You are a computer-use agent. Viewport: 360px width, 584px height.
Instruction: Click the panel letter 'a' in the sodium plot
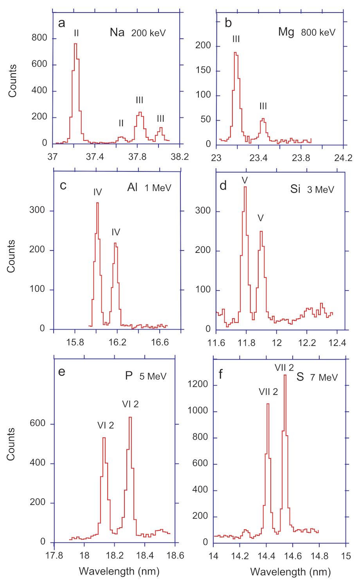coord(61,23)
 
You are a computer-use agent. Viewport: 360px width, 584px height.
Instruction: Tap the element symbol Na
coord(117,32)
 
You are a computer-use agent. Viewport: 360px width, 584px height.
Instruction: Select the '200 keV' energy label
coord(148,33)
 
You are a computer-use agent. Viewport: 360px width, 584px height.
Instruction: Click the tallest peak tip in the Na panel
coord(76,44)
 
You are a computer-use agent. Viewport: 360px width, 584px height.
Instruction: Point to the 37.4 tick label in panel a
coord(95,157)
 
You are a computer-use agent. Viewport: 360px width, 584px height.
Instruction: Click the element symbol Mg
coord(286,32)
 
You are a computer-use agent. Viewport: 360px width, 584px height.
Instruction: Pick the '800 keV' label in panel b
coord(318,32)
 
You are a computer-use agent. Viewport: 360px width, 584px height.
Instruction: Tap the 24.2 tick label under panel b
coord(343,158)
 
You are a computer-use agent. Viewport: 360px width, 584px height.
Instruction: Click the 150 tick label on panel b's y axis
coord(203,70)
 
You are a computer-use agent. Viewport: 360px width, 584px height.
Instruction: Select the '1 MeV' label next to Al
coord(158,188)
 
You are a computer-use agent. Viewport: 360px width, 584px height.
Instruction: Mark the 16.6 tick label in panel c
coord(160,342)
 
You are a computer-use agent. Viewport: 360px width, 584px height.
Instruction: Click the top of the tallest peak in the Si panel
coord(245,187)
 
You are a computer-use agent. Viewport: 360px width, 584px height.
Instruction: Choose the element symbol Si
coord(295,189)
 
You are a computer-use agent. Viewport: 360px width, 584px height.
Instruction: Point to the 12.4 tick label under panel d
coord(337,343)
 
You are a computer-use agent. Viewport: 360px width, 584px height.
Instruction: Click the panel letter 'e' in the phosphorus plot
coord(62,371)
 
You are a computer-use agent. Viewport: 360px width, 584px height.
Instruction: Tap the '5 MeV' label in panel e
coord(153,377)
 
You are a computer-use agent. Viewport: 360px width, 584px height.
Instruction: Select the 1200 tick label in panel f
coord(198,384)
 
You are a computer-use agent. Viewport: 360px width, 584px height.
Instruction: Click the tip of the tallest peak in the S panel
coord(285,375)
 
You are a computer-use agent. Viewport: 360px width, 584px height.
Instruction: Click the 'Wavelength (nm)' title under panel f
coord(290,572)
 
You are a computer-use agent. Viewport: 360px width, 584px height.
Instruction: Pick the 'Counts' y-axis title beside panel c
coord(11,256)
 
